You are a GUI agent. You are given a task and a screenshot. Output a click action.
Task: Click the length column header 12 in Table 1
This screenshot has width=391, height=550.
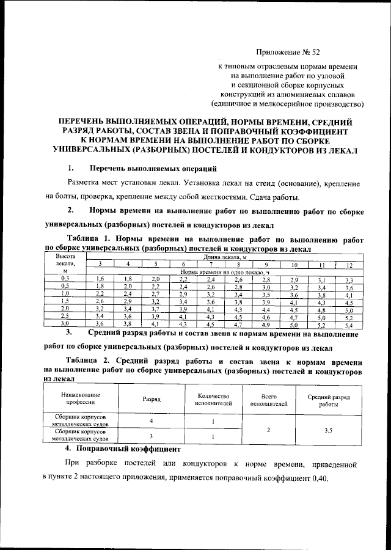coord(349,265)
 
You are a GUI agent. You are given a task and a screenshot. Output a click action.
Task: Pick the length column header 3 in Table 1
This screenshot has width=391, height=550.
coord(101,264)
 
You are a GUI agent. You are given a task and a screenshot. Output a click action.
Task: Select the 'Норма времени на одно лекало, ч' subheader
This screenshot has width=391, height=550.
coord(225,271)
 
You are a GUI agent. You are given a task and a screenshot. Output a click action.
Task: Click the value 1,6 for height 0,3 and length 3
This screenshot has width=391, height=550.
coord(101,279)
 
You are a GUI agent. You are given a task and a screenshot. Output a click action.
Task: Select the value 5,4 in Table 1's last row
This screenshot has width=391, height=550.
coord(349,324)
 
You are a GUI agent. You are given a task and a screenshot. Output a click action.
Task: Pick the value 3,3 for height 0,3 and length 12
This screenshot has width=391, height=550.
coord(349,279)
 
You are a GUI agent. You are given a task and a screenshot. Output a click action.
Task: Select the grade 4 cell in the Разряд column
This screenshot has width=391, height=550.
coord(151,422)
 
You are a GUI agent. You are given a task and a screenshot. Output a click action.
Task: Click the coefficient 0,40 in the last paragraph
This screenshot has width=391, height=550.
coord(318,477)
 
